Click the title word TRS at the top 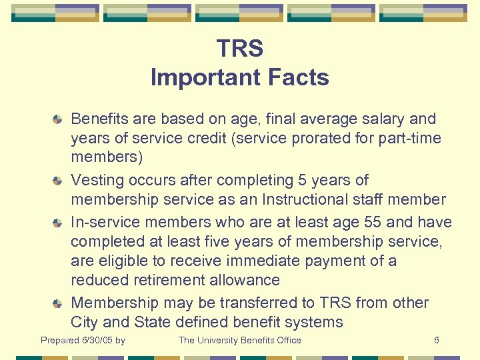pos(240,49)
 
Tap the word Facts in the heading pos(297,77)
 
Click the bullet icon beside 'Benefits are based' pos(59,119)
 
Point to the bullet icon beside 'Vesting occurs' pos(59,181)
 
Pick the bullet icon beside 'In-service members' pos(59,222)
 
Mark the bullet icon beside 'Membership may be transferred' pos(59,303)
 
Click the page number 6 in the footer pos(437,341)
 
